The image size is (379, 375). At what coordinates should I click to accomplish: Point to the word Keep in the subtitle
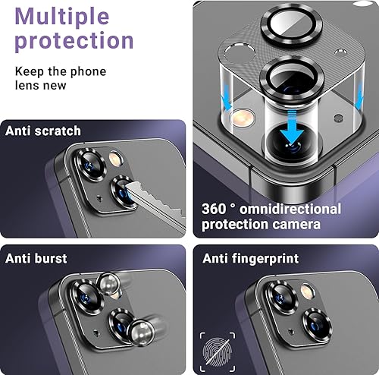(x=29, y=72)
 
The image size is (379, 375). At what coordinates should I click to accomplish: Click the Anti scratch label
(x=43, y=131)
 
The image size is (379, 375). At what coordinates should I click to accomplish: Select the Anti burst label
(x=37, y=258)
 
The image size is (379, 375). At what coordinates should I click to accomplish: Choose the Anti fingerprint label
(x=251, y=258)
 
